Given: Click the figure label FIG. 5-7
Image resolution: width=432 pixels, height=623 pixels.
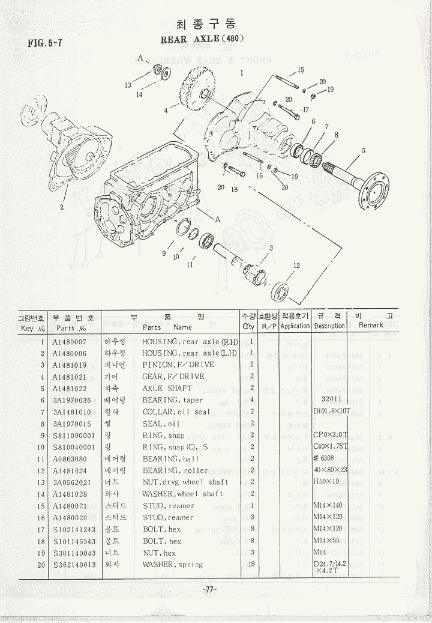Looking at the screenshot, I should click(46, 43).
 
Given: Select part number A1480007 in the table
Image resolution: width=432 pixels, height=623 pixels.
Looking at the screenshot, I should click(70, 341).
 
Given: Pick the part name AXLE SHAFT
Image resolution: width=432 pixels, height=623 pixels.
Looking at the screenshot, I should click(167, 388).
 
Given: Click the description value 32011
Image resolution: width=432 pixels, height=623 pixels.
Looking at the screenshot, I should click(331, 400).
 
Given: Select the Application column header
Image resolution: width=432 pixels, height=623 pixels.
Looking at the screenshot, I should click(295, 326).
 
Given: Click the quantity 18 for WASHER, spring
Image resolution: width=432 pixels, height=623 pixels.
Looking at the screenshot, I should click(252, 564).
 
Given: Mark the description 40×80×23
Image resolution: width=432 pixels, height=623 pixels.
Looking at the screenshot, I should click(331, 470).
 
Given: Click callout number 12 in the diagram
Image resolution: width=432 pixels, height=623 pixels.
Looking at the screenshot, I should click(296, 266).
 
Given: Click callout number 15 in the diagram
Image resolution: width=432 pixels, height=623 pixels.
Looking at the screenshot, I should click(301, 70).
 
